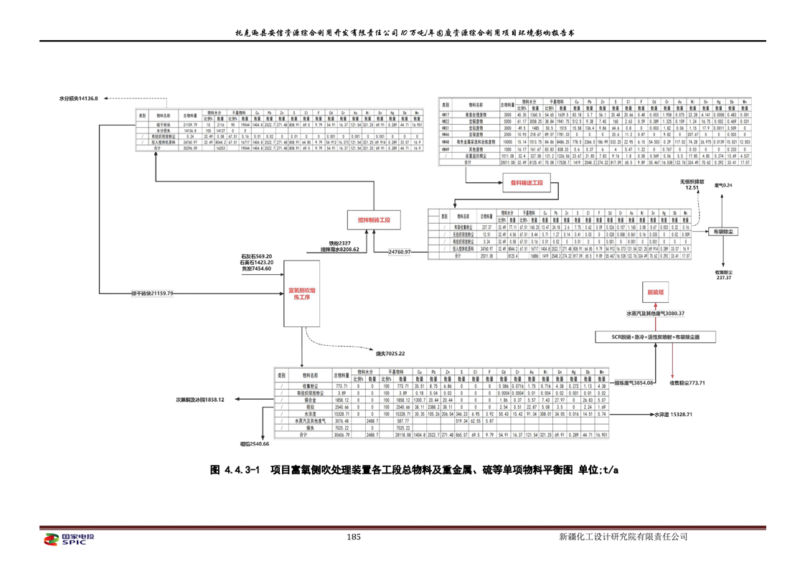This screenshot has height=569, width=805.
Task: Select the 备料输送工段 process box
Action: pos(527,184)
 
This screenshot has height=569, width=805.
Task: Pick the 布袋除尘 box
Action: pos(724,232)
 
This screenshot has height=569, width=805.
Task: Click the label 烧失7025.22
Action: pos(391,353)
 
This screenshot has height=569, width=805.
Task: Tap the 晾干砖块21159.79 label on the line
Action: pos(152,293)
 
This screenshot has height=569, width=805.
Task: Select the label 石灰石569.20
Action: pos(256,256)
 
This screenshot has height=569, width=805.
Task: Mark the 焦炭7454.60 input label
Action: pos(256,268)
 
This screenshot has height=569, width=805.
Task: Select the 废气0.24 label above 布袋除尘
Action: pos(724,186)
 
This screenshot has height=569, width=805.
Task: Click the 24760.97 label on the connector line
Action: pos(399,253)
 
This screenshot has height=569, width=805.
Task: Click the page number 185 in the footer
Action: pos(352,537)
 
